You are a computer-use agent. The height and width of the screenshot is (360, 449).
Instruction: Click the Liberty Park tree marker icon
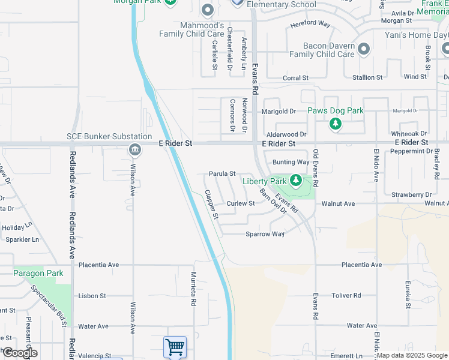click(x=295, y=179)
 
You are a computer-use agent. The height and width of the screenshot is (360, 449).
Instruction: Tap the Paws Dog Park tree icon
click(x=336, y=124)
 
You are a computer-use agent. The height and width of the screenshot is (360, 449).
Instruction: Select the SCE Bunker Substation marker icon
click(x=134, y=149)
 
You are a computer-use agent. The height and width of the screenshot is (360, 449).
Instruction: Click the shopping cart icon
click(x=175, y=347)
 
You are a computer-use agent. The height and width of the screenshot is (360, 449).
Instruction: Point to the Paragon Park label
click(x=38, y=273)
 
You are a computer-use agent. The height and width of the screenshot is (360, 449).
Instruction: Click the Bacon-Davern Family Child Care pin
click(x=363, y=49)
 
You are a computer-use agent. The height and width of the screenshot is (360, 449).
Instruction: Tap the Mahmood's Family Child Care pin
click(x=208, y=10)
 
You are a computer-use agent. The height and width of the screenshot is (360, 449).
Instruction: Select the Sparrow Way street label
click(x=265, y=234)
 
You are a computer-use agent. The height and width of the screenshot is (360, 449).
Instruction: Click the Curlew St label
click(x=241, y=203)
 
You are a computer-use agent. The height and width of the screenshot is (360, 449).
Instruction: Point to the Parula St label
click(x=221, y=173)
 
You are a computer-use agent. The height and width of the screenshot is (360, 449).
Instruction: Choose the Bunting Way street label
click(x=291, y=162)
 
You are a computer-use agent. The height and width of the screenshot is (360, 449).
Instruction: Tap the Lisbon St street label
click(x=92, y=296)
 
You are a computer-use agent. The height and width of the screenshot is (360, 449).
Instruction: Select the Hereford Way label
click(x=310, y=24)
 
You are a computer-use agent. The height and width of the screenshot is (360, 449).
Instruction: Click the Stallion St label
click(x=367, y=77)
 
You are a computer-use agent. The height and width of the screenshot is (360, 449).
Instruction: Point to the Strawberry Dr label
click(x=412, y=194)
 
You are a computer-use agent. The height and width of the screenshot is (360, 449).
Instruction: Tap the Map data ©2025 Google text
click(x=411, y=355)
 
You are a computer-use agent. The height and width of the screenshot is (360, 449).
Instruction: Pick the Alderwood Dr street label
click(x=286, y=135)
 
